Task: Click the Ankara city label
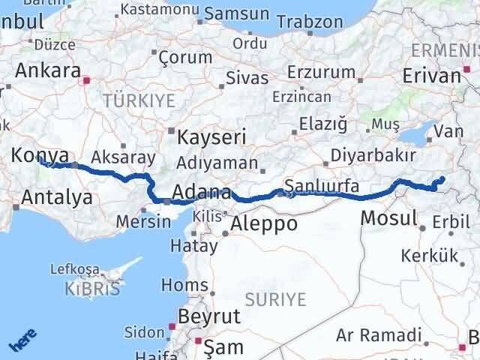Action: coord(47,70)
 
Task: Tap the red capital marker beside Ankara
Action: coord(87,79)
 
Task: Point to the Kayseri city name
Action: coord(211,138)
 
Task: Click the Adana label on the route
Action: coord(201,193)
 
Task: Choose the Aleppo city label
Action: coord(264,223)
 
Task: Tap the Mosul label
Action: coord(388,218)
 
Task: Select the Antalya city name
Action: coord(58,198)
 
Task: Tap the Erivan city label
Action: coord(431,76)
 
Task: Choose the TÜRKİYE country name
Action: coord(139,100)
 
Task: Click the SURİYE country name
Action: coord(274,300)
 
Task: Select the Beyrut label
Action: coord(209,316)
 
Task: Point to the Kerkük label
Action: coord(430,256)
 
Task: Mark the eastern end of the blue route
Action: coord(442,178)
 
